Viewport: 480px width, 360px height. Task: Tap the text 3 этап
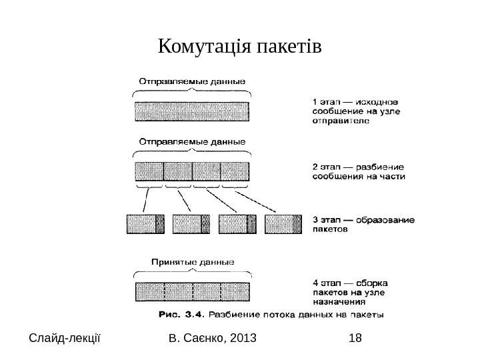tap(327, 218)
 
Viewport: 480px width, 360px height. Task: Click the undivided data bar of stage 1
tap(192, 111)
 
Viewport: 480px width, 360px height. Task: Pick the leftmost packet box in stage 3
tap(145, 224)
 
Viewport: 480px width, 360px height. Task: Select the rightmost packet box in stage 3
tap(283, 224)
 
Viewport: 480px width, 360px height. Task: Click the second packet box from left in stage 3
tap(191, 224)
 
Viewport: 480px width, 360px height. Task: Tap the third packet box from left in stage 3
tap(237, 224)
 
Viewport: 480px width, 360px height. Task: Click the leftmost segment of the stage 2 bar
tap(149, 172)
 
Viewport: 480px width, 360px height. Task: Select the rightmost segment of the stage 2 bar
tap(235, 172)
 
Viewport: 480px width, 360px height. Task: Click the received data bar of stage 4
tap(192, 292)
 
